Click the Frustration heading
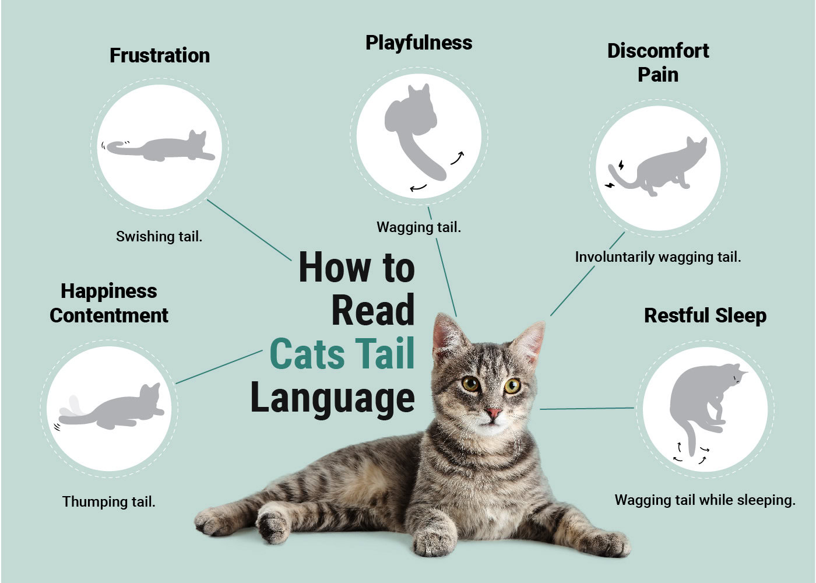tap(159, 55)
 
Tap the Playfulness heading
tap(418, 43)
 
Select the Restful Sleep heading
tap(705, 315)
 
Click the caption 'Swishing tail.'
tap(159, 236)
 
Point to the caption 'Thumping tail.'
tap(109, 501)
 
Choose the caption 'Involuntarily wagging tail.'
tap(657, 257)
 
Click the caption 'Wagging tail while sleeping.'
tap(705, 500)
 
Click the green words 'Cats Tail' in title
tap(343, 354)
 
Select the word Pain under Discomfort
tap(657, 75)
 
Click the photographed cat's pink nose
tap(493, 413)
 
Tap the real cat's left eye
tap(470, 384)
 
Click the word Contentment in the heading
tap(109, 315)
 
